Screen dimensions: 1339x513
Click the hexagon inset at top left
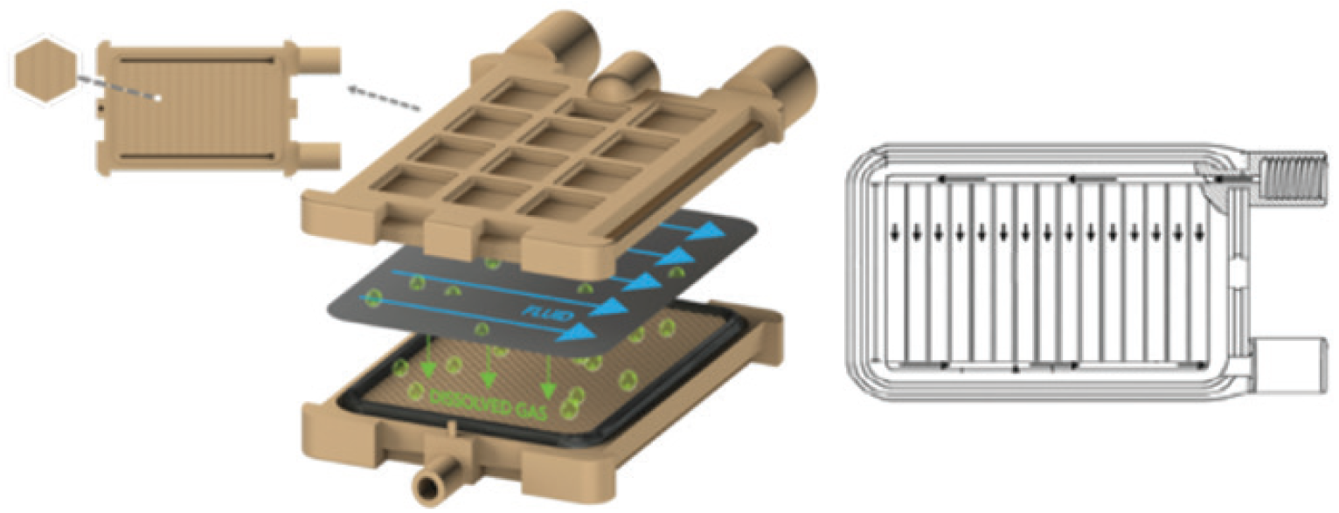click(x=46, y=71)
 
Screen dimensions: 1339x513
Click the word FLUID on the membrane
click(x=547, y=315)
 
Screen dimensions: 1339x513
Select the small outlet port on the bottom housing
click(x=434, y=482)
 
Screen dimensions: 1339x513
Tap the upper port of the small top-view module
click(x=319, y=59)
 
